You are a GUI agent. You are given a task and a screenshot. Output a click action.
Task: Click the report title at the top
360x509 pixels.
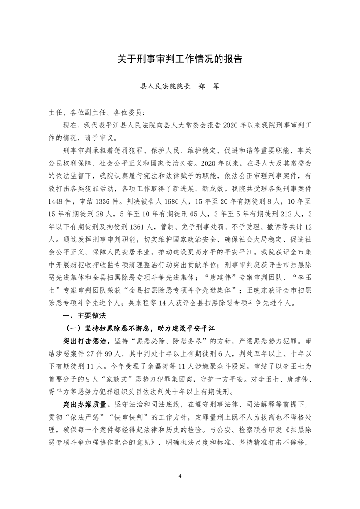point(180,59)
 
